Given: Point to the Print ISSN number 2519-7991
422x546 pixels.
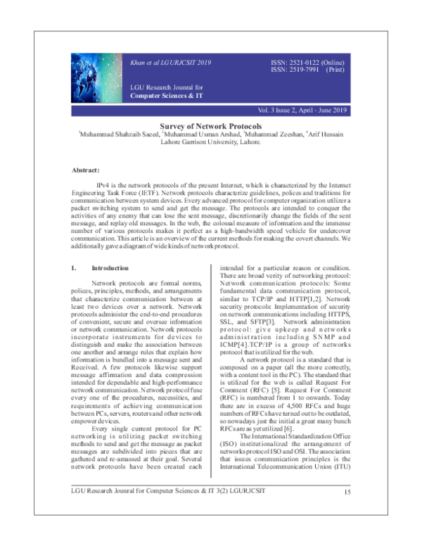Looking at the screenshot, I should (x=302, y=71).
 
